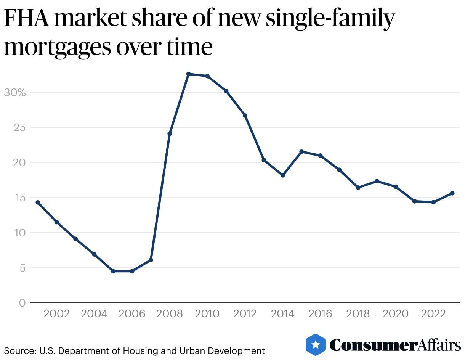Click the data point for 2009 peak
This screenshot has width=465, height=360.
[188, 74]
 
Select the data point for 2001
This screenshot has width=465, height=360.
[38, 202]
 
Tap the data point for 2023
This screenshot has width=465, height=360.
[452, 193]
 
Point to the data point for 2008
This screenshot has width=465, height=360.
[170, 133]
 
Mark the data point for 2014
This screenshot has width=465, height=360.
[282, 175]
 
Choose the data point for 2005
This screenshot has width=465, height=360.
[113, 271]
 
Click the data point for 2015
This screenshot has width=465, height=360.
[301, 152]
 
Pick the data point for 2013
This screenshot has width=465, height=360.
[264, 160]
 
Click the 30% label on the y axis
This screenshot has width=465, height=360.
[14, 92]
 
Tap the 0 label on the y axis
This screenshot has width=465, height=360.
[22, 303]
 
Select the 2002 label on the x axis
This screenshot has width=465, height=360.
[56, 314]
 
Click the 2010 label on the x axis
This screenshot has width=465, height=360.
[207, 314]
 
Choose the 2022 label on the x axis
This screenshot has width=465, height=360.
[433, 314]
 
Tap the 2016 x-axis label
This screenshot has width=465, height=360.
[320, 314]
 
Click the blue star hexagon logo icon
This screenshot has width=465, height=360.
[316, 345]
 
